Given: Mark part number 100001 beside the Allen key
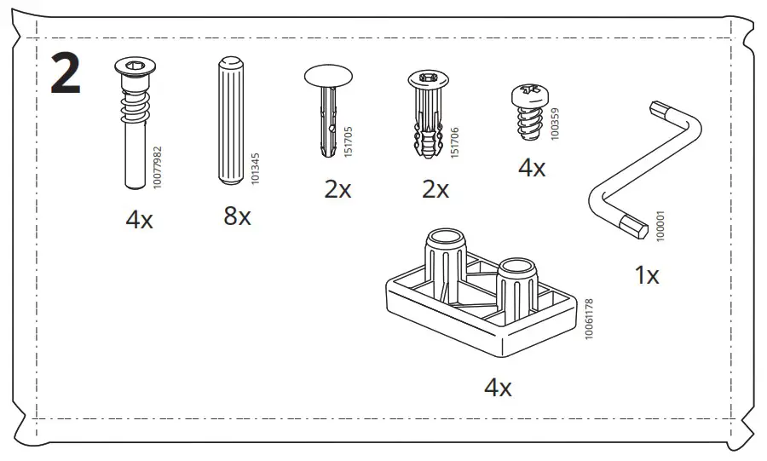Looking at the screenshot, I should point(659,225).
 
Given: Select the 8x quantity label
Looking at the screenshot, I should point(238,216).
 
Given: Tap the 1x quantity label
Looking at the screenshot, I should point(647,275).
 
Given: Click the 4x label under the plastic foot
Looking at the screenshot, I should point(498,389).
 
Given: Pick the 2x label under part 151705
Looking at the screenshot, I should point(337,188).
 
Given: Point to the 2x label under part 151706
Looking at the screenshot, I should point(435,188).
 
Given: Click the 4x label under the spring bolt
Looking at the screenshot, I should point(139,220).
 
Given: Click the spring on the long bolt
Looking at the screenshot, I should point(132,109).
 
